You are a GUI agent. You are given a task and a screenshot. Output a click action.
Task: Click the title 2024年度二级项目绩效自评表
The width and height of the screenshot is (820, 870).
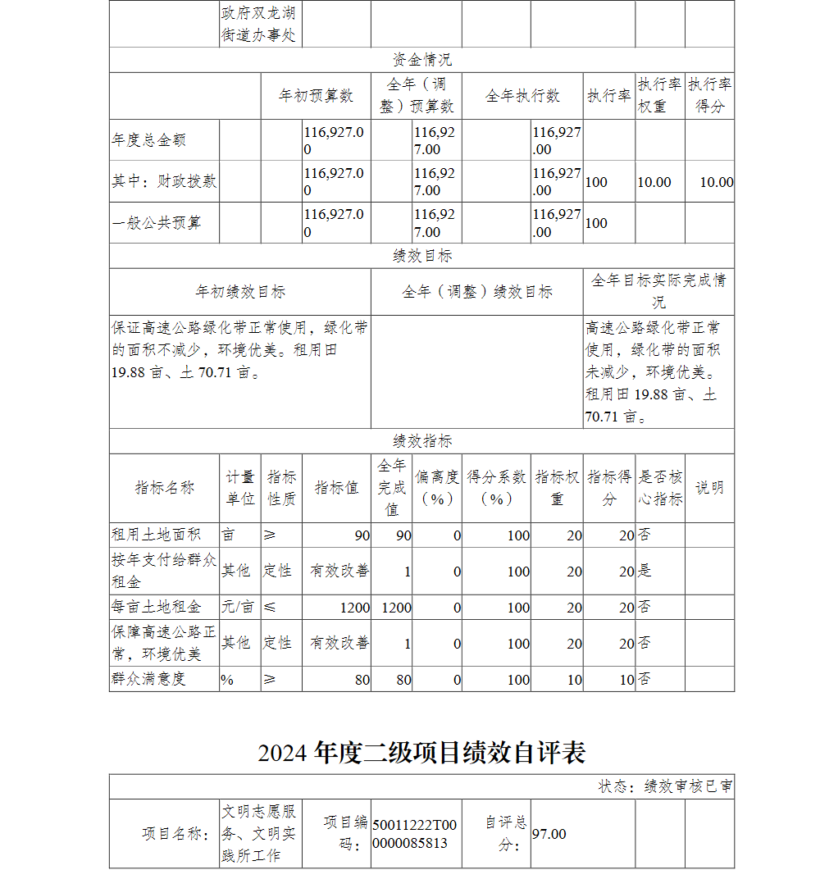tap(421, 752)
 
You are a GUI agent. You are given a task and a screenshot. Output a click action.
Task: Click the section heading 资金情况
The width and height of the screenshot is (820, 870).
tap(421, 60)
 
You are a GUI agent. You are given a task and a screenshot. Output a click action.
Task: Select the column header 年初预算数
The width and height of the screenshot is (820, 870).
tap(316, 96)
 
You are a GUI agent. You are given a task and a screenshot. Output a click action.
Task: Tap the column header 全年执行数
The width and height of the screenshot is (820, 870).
tap(522, 96)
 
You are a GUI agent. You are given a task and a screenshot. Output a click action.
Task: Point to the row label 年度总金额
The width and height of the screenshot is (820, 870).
tap(149, 140)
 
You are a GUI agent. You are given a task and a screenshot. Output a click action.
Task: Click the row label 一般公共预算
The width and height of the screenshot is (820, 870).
tap(157, 222)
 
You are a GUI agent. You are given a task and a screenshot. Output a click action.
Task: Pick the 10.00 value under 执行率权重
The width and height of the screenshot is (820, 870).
tap(654, 182)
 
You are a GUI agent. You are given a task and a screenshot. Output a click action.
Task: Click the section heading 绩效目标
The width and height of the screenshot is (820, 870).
tap(421, 256)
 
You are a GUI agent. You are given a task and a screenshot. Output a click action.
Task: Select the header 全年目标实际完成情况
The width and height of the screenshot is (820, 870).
tap(658, 291)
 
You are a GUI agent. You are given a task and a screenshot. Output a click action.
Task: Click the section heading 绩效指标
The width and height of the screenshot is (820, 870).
tap(421, 441)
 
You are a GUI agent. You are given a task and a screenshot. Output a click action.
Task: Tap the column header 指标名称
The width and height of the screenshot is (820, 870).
tap(165, 488)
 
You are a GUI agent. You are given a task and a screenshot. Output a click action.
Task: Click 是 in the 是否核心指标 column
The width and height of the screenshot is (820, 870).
tap(645, 571)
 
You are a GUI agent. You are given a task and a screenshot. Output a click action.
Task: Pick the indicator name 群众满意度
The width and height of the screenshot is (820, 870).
tap(149, 679)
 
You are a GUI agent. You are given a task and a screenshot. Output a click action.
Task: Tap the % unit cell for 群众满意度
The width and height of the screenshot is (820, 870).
tap(227, 679)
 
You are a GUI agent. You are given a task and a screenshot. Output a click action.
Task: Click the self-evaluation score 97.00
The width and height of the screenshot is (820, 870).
tap(549, 834)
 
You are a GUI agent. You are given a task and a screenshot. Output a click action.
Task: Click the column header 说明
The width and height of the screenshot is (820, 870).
tap(709, 488)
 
